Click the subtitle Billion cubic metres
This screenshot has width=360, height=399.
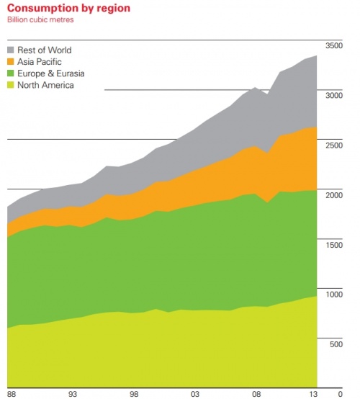42,19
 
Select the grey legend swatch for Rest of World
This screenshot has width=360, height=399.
11,50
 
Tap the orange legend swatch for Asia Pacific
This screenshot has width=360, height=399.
11,61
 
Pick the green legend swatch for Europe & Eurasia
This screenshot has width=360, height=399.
11,73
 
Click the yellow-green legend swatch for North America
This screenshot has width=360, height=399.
11,85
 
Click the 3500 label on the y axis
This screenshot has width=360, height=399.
334,45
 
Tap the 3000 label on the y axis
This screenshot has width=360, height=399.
334,95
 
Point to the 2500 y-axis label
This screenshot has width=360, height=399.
334,145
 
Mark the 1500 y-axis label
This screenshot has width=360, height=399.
334,245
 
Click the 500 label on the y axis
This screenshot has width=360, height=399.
336,344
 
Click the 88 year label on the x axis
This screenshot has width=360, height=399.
12,394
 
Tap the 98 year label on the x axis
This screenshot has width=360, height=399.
133,394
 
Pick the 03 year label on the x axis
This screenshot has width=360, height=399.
194,394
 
